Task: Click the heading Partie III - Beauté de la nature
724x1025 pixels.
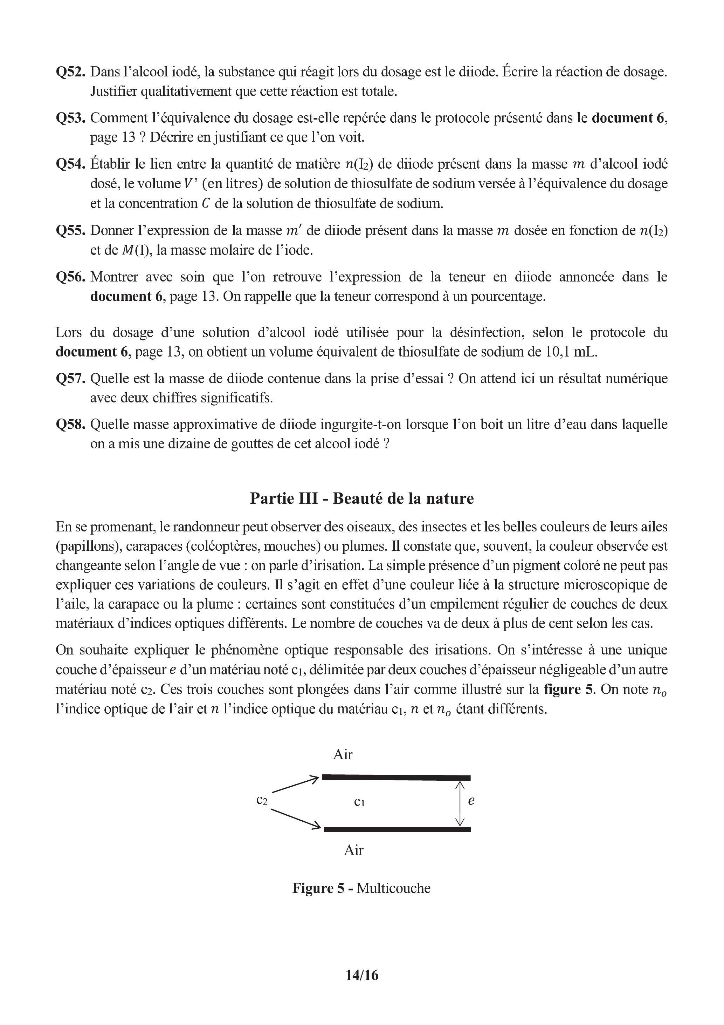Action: click(362, 498)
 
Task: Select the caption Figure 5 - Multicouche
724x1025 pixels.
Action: click(361, 888)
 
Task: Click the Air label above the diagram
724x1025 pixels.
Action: click(343, 754)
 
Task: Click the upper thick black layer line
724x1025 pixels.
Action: click(396, 777)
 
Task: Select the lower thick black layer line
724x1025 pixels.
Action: click(397, 829)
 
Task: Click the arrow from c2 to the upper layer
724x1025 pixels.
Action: click(295, 785)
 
